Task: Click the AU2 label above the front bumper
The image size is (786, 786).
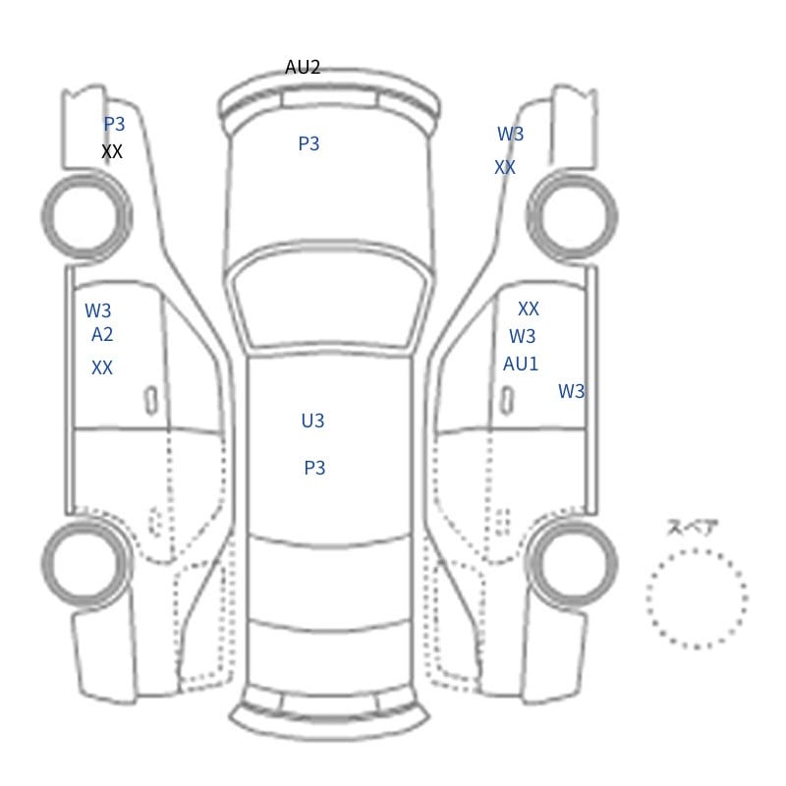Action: coord(303,67)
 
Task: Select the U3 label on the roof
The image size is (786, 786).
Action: coord(312,421)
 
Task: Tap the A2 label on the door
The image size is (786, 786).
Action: coord(102,334)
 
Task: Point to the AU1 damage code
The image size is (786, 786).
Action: coord(521,364)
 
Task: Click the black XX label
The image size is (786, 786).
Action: coord(112,151)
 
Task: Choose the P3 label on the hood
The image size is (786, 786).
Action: coord(309,143)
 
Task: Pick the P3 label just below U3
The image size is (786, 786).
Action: coord(314,469)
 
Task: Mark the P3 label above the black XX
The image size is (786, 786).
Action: coord(114,124)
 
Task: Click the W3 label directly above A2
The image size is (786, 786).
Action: coord(97,310)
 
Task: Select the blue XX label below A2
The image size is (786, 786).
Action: coord(102,367)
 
